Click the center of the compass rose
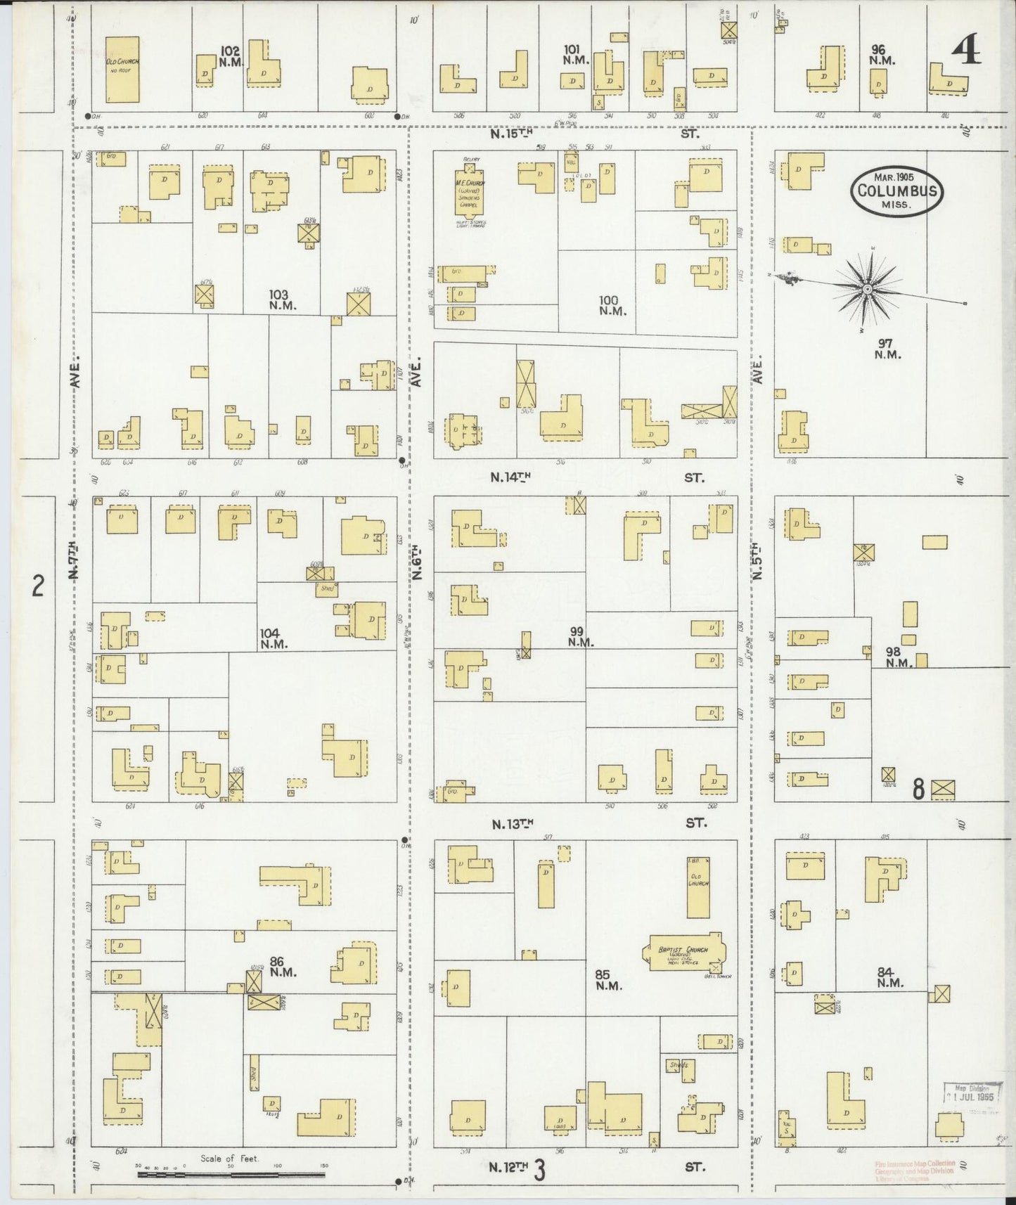(868, 289)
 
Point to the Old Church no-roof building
(122, 69)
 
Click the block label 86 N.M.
(283, 967)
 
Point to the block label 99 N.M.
(581, 636)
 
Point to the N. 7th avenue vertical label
(75, 562)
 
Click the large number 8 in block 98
(918, 790)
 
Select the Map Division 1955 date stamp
(972, 1095)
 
